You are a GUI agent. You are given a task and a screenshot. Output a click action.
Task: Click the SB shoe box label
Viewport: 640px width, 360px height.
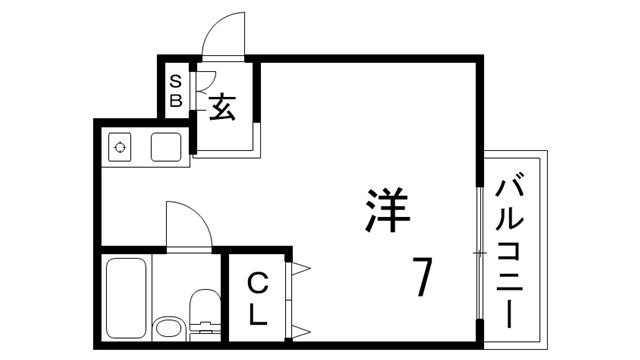(x=175, y=90)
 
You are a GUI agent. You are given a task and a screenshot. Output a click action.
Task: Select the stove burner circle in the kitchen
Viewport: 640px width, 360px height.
(x=121, y=147)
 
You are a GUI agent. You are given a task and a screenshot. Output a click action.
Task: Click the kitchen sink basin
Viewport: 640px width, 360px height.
(x=165, y=147)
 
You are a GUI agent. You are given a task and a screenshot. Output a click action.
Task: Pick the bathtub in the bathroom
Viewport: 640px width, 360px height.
(x=126, y=298)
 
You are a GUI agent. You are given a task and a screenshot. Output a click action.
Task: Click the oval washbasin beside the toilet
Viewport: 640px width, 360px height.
(x=167, y=327)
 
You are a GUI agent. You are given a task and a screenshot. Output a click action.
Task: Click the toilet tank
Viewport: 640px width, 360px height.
(x=204, y=325)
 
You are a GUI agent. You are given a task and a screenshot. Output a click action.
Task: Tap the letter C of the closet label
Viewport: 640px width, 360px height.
(x=257, y=282)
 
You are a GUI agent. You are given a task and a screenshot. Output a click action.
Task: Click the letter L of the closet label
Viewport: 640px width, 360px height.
(x=257, y=314)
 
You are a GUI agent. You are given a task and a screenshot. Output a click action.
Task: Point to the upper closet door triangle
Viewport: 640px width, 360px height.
(x=302, y=267)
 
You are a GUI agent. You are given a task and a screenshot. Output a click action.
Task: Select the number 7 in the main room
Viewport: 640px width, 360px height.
(x=423, y=277)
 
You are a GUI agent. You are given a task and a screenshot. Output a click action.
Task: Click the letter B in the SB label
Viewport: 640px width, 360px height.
(x=175, y=100)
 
